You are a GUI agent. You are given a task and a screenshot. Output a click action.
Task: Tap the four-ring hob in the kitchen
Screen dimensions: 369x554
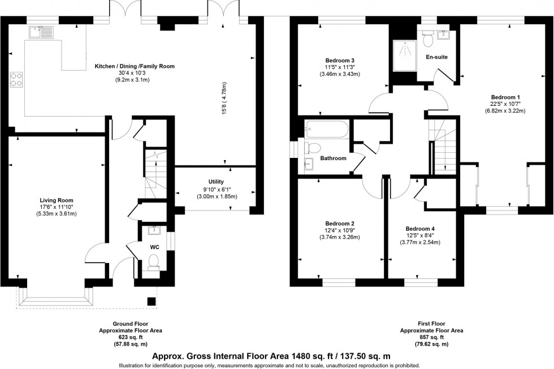16,79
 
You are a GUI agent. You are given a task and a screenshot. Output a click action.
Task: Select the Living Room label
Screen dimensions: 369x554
56,200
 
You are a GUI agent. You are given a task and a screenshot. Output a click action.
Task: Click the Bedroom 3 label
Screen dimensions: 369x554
340,60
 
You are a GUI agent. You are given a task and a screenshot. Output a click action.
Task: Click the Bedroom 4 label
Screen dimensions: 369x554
420,229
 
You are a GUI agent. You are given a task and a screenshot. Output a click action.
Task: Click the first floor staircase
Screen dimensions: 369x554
443,146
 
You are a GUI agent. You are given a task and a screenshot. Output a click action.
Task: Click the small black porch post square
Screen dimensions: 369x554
151,301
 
